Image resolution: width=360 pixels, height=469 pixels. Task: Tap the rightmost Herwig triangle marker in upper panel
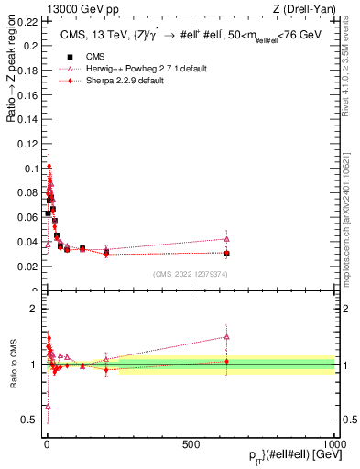pyautogui.click(x=226, y=239)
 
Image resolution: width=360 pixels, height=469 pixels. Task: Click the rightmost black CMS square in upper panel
pyautogui.click(x=226, y=254)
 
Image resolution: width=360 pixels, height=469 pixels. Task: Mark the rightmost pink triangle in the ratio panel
pyautogui.click(x=226, y=336)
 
